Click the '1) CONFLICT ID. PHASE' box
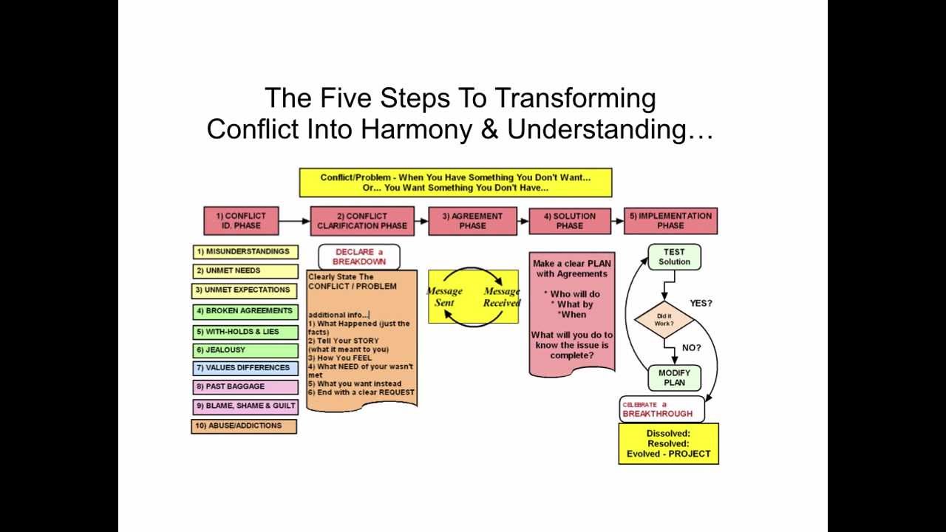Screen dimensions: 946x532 pyautogui.click(x=241, y=221)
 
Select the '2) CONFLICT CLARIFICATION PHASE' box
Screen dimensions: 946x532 pyautogui.click(x=361, y=221)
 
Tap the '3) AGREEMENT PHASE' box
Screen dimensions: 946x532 pyautogui.click(x=472, y=221)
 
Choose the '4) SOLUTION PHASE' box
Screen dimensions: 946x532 pyautogui.click(x=570, y=221)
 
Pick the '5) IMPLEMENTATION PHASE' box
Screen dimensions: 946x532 pyautogui.click(x=670, y=221)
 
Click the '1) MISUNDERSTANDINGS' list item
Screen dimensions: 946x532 pyautogui.click(x=245, y=252)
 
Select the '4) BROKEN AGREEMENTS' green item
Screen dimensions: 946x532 pyautogui.click(x=245, y=311)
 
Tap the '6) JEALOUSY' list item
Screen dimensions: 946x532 pyautogui.click(x=245, y=350)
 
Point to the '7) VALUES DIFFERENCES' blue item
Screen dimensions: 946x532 pyautogui.click(x=245, y=368)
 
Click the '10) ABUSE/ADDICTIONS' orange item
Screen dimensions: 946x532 pyautogui.click(x=244, y=426)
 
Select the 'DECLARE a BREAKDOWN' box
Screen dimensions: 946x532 pyautogui.click(x=359, y=257)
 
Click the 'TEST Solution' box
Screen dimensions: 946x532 pyautogui.click(x=674, y=257)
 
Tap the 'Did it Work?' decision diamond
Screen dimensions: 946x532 pyautogui.click(x=664, y=319)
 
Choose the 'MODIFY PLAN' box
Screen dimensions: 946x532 pyautogui.click(x=674, y=378)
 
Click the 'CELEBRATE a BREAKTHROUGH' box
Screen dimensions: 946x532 pyautogui.click(x=661, y=409)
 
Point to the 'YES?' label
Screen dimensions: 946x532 pyautogui.click(x=701, y=304)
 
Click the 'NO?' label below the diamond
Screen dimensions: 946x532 pyautogui.click(x=693, y=347)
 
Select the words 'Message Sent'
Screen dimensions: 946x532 pyautogui.click(x=444, y=297)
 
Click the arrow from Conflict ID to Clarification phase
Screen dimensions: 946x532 pyautogui.click(x=294, y=221)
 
